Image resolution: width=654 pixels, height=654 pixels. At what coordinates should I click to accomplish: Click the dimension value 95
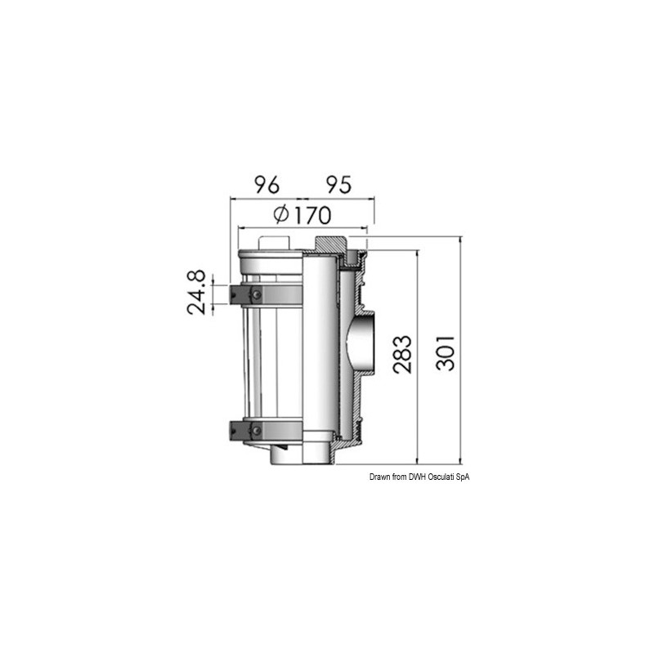pos(334,185)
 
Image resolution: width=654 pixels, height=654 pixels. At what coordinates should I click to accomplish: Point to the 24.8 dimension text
pos(196,293)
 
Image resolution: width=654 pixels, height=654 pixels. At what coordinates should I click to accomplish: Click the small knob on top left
pos(273,242)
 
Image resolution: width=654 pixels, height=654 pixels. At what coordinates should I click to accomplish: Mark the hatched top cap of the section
pos(331,243)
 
